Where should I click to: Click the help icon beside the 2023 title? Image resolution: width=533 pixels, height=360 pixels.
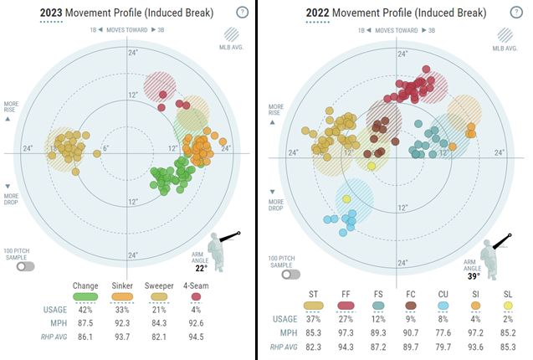[x=242, y=13]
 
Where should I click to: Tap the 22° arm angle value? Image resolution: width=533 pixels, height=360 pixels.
[x=201, y=268]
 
